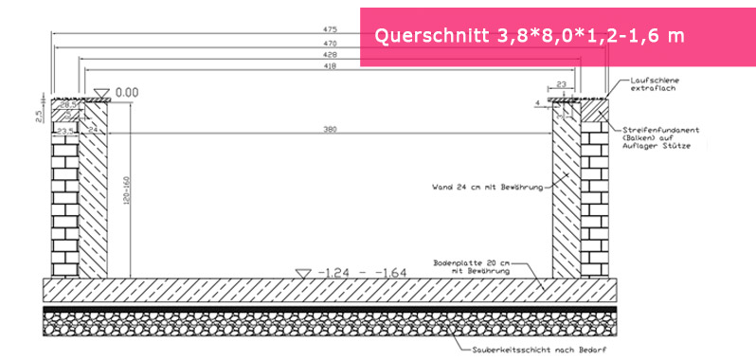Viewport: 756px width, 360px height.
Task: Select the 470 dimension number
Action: tap(329, 44)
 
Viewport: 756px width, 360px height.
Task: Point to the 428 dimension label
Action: tap(329, 56)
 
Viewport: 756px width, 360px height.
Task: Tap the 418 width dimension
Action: tap(329, 67)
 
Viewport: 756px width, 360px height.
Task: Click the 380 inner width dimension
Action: tap(329, 128)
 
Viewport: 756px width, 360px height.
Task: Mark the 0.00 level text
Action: tap(127, 93)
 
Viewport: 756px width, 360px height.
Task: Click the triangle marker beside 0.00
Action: tap(101, 93)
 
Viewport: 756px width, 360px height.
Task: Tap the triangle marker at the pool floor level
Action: tap(302, 273)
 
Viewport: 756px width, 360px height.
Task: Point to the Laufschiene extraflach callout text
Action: tap(654, 87)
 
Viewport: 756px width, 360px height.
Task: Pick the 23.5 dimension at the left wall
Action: tap(65, 131)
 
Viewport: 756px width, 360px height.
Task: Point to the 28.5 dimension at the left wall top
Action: tap(67, 106)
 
